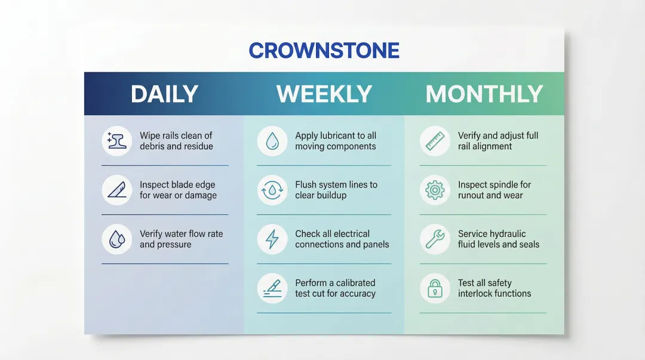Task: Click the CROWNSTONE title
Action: [324, 51]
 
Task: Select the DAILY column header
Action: [165, 94]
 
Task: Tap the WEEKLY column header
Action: [324, 94]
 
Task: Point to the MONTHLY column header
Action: [484, 94]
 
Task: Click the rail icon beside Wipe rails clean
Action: [117, 141]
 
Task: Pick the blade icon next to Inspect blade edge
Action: [117, 190]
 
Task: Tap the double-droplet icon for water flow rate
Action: [117, 239]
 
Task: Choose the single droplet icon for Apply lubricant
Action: [272, 141]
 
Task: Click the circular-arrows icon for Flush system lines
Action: [272, 190]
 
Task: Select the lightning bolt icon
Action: [272, 239]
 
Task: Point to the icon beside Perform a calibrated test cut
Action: [272, 288]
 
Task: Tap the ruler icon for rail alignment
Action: [435, 141]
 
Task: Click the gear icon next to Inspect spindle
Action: [435, 190]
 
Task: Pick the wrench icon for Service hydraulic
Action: [435, 239]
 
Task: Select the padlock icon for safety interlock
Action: [435, 288]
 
